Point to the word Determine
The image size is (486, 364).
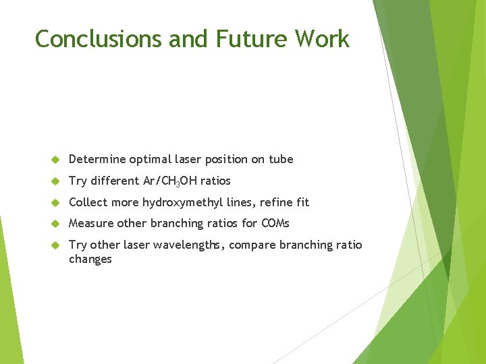pyautogui.click(x=97, y=160)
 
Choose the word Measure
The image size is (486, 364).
pyautogui.click(x=91, y=223)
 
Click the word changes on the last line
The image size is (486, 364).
pyautogui.click(x=90, y=260)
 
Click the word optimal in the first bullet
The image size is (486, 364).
pyautogui.click(x=149, y=160)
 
